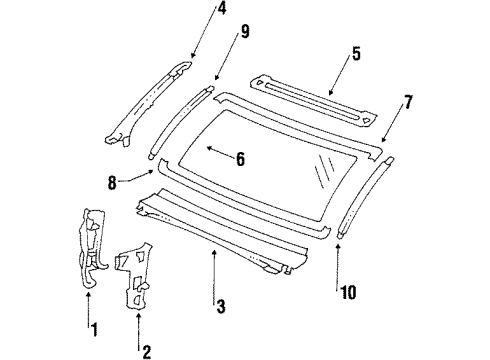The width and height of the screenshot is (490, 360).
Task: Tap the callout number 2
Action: [x=147, y=350]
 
